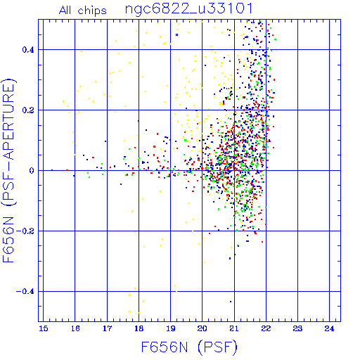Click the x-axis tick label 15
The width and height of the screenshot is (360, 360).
[43, 328]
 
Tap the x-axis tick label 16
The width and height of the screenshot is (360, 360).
[75, 328]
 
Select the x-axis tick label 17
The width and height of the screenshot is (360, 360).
[107, 328]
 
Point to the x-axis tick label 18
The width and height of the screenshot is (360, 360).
[139, 328]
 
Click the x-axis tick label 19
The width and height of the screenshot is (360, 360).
[171, 328]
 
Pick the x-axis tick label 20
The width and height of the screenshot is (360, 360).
[202, 328]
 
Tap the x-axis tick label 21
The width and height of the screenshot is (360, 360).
[234, 328]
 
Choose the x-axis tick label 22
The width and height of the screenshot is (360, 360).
[266, 328]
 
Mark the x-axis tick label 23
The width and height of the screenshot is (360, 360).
[297, 328]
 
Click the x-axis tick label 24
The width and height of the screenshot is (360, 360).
[329, 328]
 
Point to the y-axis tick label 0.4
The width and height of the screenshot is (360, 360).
[28, 50]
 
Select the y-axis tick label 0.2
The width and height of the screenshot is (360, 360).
[28, 110]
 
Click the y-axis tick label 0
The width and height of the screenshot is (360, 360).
[32, 171]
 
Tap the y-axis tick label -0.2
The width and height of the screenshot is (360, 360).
[25, 231]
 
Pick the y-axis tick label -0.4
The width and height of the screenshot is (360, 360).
[25, 292]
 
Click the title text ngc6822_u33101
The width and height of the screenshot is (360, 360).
[189, 9]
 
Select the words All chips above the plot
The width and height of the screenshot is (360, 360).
[83, 11]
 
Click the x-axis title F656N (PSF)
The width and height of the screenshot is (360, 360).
[189, 347]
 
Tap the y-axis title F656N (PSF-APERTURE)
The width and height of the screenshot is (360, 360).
[8, 170]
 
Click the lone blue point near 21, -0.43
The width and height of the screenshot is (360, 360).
[231, 302]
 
